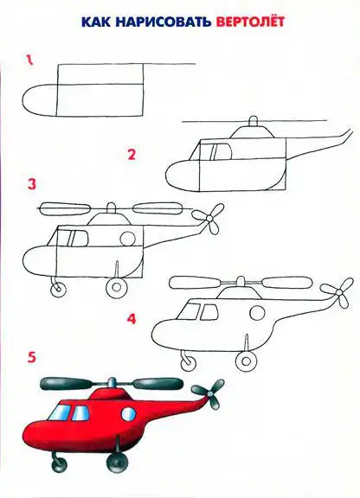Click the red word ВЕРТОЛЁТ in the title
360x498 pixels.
click(249, 21)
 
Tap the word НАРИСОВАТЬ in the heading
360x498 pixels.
click(164, 22)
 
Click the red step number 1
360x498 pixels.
click(29, 60)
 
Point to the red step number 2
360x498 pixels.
click(132, 155)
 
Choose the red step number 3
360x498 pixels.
click(32, 184)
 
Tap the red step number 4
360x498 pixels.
click(132, 319)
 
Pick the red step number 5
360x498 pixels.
click(32, 357)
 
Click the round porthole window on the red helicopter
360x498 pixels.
click(128, 414)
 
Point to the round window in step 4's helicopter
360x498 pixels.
click(257, 313)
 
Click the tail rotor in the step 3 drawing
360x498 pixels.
click(209, 219)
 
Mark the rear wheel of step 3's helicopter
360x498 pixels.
click(117, 287)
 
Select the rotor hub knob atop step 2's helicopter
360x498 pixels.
click(254, 121)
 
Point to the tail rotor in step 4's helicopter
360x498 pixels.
click(338, 292)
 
